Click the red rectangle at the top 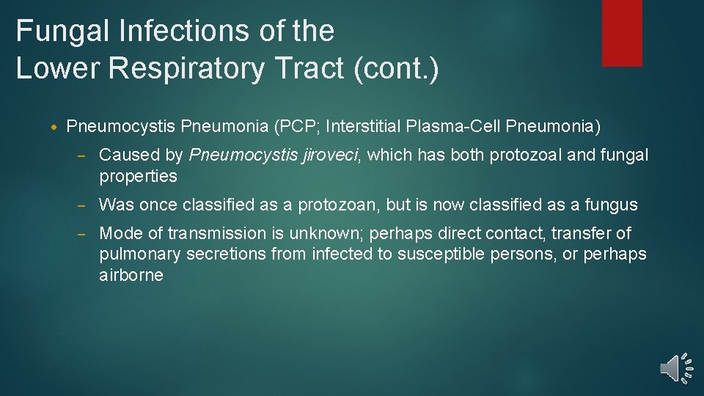(x=622, y=33)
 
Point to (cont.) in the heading (x=396, y=67)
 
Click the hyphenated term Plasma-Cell (x=448, y=127)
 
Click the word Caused (x=122, y=155)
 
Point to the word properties (x=138, y=176)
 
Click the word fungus (x=611, y=205)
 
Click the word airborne (x=131, y=275)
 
